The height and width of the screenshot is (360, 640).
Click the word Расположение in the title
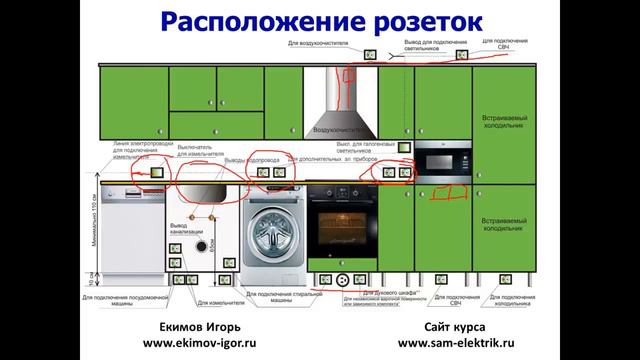(261, 21)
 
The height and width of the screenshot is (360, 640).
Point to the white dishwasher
(130, 234)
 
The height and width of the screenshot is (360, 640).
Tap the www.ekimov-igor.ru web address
(200, 342)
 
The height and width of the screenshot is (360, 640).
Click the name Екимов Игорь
(200, 325)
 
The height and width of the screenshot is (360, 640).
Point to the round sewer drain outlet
(202, 246)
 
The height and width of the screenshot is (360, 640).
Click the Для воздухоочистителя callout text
(319, 44)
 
